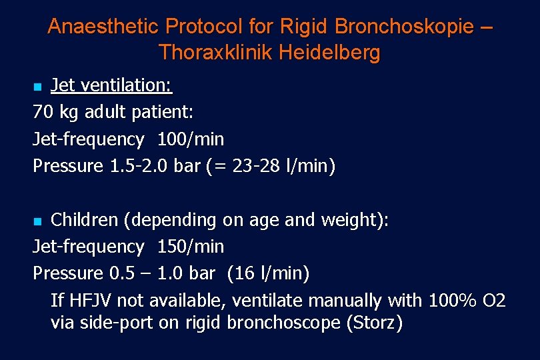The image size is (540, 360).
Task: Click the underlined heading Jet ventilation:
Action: tap(111, 85)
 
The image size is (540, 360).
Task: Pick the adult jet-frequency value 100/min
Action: tap(191, 139)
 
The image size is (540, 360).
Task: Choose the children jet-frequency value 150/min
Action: tap(191, 247)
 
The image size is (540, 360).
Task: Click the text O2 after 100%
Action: tap(493, 301)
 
